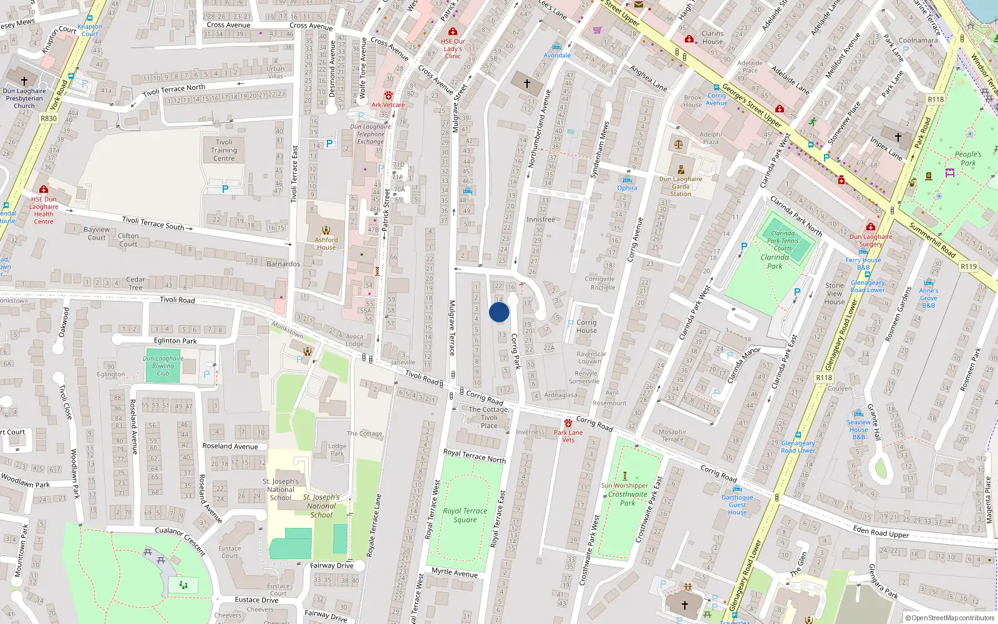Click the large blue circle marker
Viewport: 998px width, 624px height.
pos(499,312)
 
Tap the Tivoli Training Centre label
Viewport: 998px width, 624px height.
pos(224,150)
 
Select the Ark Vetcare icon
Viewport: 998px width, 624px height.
pos(389,95)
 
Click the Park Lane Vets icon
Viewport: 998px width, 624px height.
pos(568,423)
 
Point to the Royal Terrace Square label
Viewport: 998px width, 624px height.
pos(465,515)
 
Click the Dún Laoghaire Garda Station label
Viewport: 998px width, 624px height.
pos(681,186)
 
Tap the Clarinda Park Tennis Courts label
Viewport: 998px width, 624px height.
pos(783,240)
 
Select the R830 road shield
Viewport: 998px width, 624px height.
pos(48,118)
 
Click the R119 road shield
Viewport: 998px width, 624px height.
pos(969,266)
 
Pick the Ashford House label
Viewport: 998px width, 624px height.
pos(326,243)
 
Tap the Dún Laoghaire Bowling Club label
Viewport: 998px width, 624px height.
pos(163,366)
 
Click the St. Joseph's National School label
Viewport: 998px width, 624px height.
pos(281,489)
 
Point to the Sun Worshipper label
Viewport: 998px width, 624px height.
pos(624,485)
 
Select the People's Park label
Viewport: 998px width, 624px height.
pos(967,158)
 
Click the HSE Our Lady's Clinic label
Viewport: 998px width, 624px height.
pos(453,49)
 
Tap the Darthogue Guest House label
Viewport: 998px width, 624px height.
pos(737,505)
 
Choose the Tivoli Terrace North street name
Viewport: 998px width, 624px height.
pos(174,90)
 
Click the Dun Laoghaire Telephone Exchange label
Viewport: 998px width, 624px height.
pos(371,134)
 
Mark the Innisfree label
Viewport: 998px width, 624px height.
pos(540,220)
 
